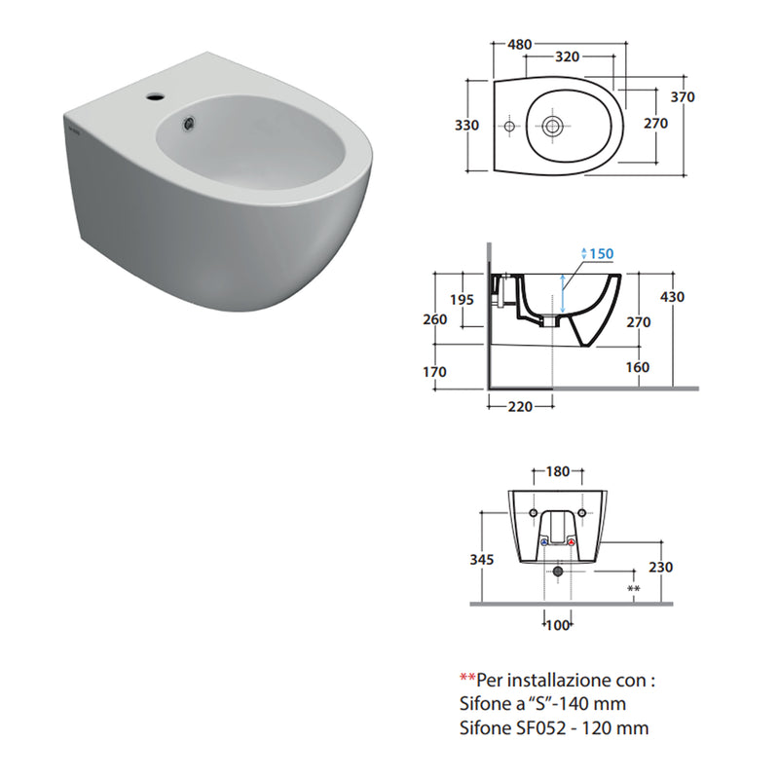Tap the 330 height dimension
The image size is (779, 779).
467,126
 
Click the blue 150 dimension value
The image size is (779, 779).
601,254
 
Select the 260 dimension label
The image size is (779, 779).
435,319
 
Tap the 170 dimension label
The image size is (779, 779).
434,371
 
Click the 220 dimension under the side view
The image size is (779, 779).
519,407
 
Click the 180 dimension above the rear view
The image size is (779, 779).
557,472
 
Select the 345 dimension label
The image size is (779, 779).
480,559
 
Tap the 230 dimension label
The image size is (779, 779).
660,567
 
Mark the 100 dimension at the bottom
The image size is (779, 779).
557,625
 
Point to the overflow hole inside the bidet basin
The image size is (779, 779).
190,122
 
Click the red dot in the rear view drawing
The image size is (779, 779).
571,543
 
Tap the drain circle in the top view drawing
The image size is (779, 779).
552,126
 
